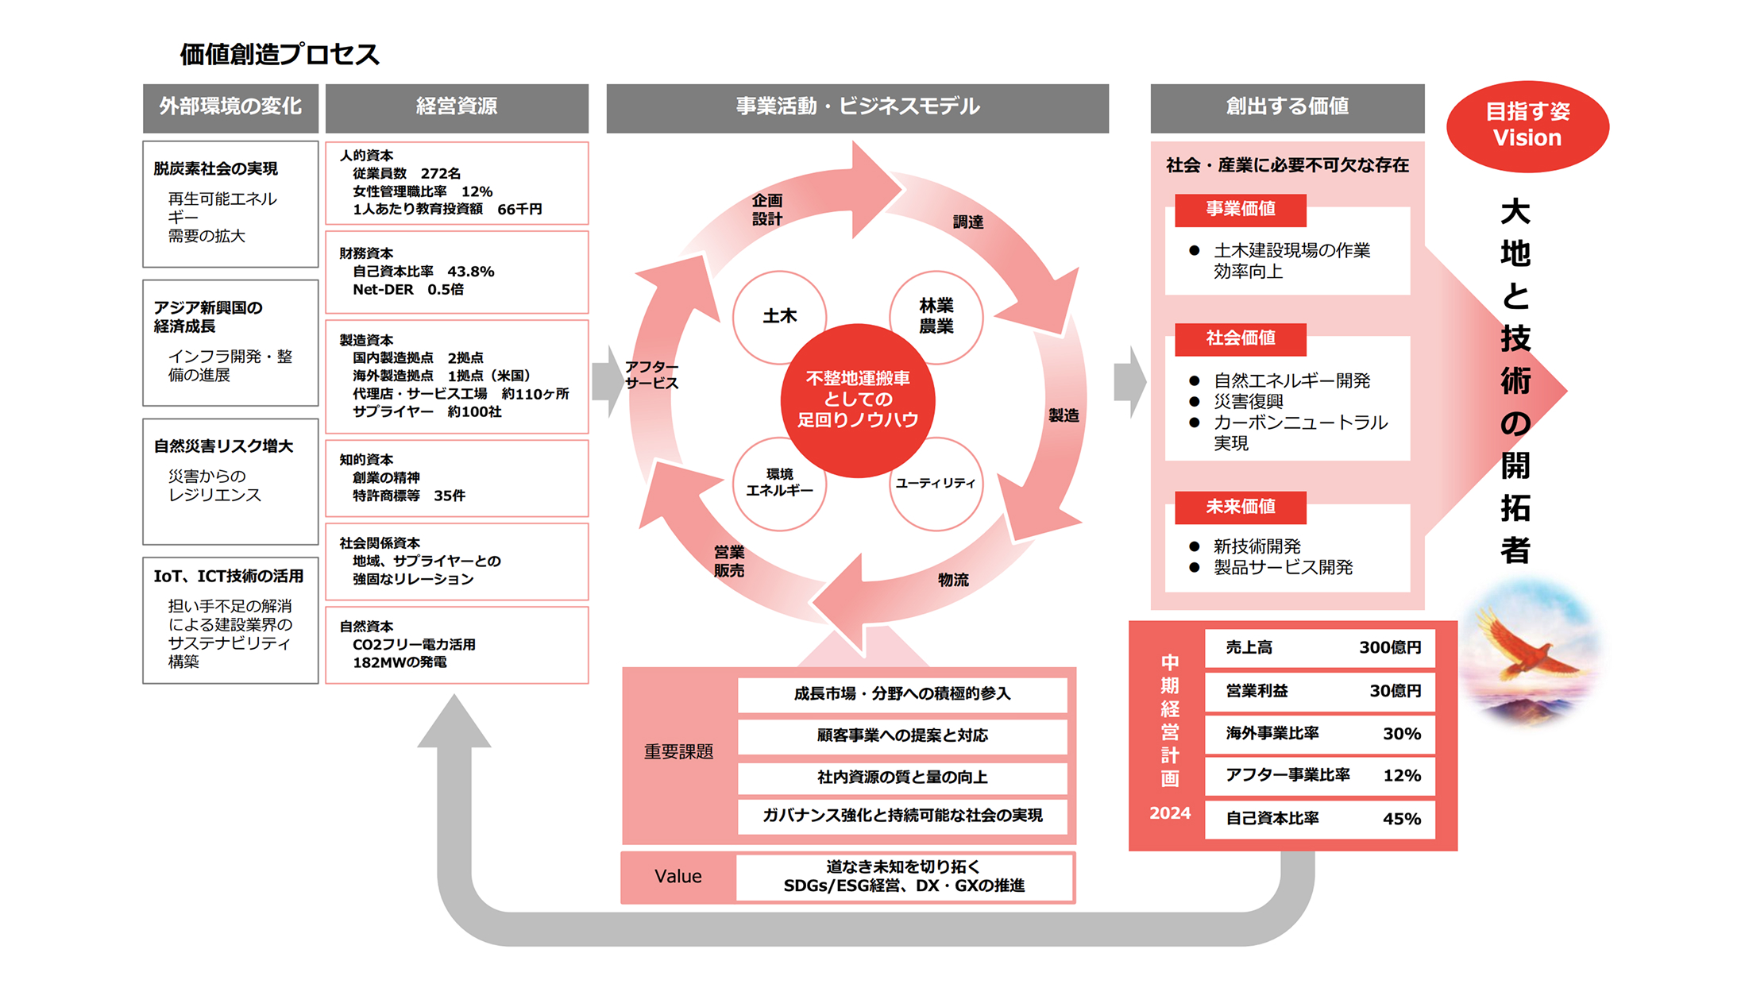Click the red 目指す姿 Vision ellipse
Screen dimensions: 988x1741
1527,125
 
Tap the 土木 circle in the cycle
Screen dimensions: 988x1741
779,316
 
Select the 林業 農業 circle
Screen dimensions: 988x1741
936,316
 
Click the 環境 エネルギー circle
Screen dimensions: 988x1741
779,483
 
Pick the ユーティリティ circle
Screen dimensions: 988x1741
936,483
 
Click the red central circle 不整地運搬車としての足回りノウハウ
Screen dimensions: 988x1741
858,399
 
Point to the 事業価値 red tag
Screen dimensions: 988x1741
1240,209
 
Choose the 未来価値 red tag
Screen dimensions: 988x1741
1240,507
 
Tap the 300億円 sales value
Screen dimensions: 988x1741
1389,647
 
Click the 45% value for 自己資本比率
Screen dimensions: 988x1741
1401,819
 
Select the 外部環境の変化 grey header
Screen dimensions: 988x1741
230,106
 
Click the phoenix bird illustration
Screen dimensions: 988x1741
1529,647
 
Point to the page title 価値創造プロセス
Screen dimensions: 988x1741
280,54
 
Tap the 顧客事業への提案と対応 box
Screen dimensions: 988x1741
902,735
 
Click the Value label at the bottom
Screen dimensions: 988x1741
677,876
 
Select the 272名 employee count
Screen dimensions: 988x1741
441,173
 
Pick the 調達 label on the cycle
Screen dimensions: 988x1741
968,222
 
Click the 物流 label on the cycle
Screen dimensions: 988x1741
953,580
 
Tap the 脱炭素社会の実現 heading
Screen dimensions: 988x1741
215,168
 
